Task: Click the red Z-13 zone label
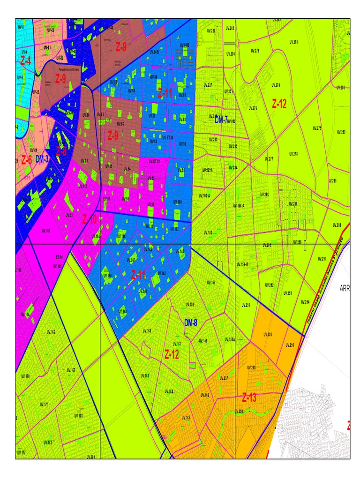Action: (249, 398)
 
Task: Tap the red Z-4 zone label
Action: (25, 60)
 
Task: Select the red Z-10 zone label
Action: (89, 219)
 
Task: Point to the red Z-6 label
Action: (26, 160)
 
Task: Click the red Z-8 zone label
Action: (61, 151)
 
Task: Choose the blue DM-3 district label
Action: (42, 160)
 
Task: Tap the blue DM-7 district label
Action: (221, 120)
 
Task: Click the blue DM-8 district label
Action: (191, 322)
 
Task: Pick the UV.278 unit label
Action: (293, 154)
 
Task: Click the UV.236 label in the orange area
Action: (268, 334)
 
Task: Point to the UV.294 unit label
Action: (305, 302)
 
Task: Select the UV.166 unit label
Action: (51, 332)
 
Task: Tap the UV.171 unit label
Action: (44, 404)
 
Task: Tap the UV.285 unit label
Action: (332, 180)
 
